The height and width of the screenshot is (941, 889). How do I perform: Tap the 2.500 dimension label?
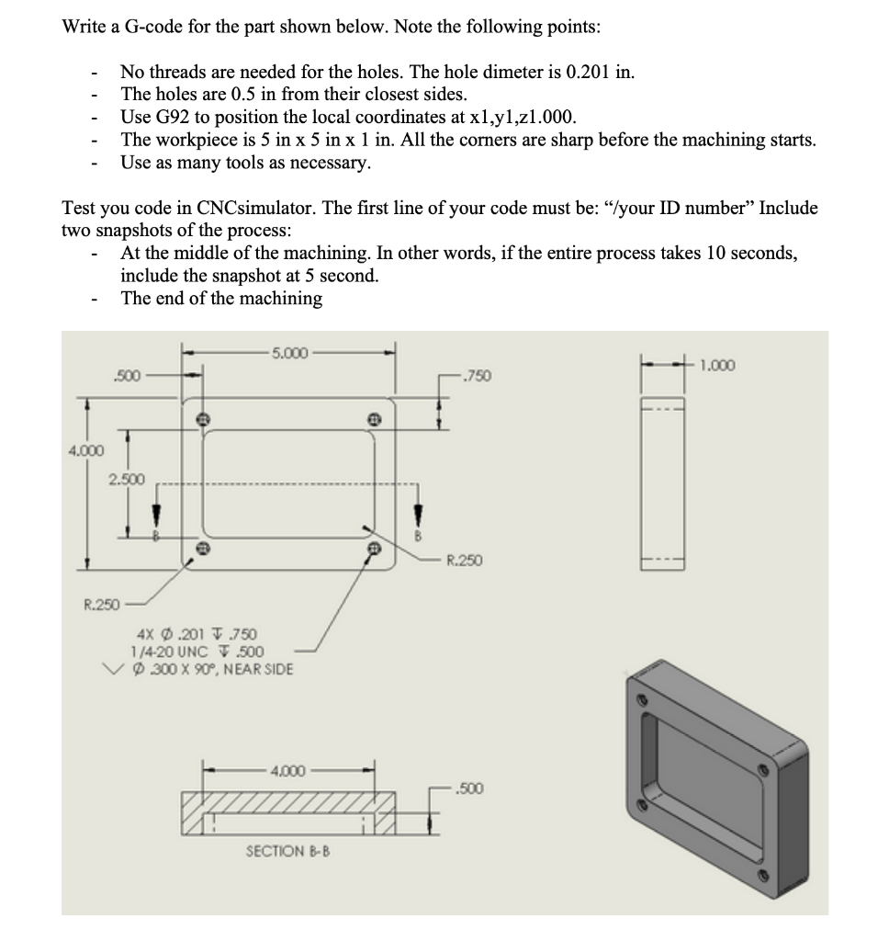point(126,480)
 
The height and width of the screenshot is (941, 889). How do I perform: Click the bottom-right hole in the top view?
point(374,549)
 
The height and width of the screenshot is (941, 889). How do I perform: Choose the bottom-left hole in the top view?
point(203,549)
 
